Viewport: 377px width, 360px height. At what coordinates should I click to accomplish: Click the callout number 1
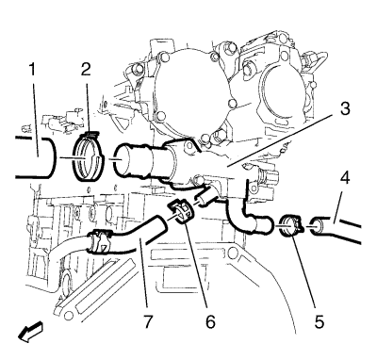[x=32, y=71]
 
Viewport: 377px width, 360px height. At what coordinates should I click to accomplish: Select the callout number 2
[x=86, y=69]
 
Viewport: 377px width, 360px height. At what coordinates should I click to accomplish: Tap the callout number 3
[x=345, y=107]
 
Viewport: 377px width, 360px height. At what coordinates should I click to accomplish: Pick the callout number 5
[x=320, y=321]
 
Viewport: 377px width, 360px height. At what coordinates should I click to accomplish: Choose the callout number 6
[x=210, y=321]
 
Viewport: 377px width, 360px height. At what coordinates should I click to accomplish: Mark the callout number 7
[x=148, y=321]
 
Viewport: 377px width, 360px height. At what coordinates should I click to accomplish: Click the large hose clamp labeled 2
[x=88, y=156]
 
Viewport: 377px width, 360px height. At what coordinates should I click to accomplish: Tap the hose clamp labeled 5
[x=289, y=226]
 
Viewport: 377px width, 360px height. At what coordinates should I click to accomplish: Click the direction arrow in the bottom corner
[x=30, y=331]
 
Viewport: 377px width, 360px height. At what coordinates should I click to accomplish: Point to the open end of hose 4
[x=317, y=227]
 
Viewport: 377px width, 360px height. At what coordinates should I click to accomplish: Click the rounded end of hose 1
[x=50, y=157]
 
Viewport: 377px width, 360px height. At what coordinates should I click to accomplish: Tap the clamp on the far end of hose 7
[x=99, y=241]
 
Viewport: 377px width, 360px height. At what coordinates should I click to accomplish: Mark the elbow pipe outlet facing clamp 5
[x=266, y=226]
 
